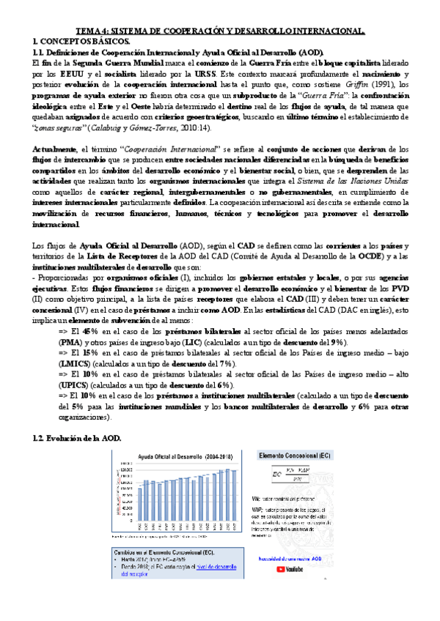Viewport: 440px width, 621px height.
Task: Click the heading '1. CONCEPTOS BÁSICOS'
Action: coord(72,42)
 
